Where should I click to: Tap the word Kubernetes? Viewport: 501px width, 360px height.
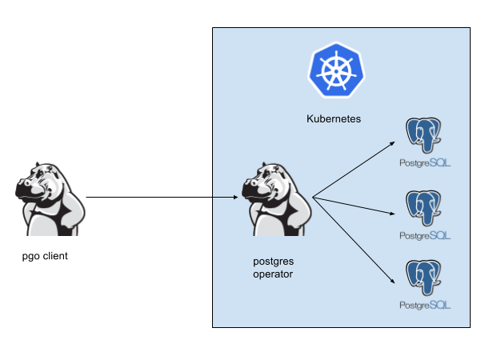tap(334, 118)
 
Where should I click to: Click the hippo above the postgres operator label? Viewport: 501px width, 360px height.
tap(276, 198)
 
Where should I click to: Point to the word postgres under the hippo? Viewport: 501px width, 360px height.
tap(272, 261)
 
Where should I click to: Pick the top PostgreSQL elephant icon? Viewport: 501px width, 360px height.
tap(425, 136)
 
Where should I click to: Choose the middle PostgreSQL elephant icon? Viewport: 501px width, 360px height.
tap(425, 209)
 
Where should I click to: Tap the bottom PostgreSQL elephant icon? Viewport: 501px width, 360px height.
tap(425, 279)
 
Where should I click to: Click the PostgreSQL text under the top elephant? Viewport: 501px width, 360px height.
tap(425, 162)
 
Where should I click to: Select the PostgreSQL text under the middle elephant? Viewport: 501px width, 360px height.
tap(425, 235)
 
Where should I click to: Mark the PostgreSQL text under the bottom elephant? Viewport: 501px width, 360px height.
tap(425, 306)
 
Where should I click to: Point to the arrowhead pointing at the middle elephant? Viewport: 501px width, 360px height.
tap(394, 214)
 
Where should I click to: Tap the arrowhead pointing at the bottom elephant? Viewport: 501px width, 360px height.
tap(394, 282)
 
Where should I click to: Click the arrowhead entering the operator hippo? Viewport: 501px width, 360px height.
tap(236, 196)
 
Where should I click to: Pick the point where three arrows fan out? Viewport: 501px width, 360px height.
tap(313, 197)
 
